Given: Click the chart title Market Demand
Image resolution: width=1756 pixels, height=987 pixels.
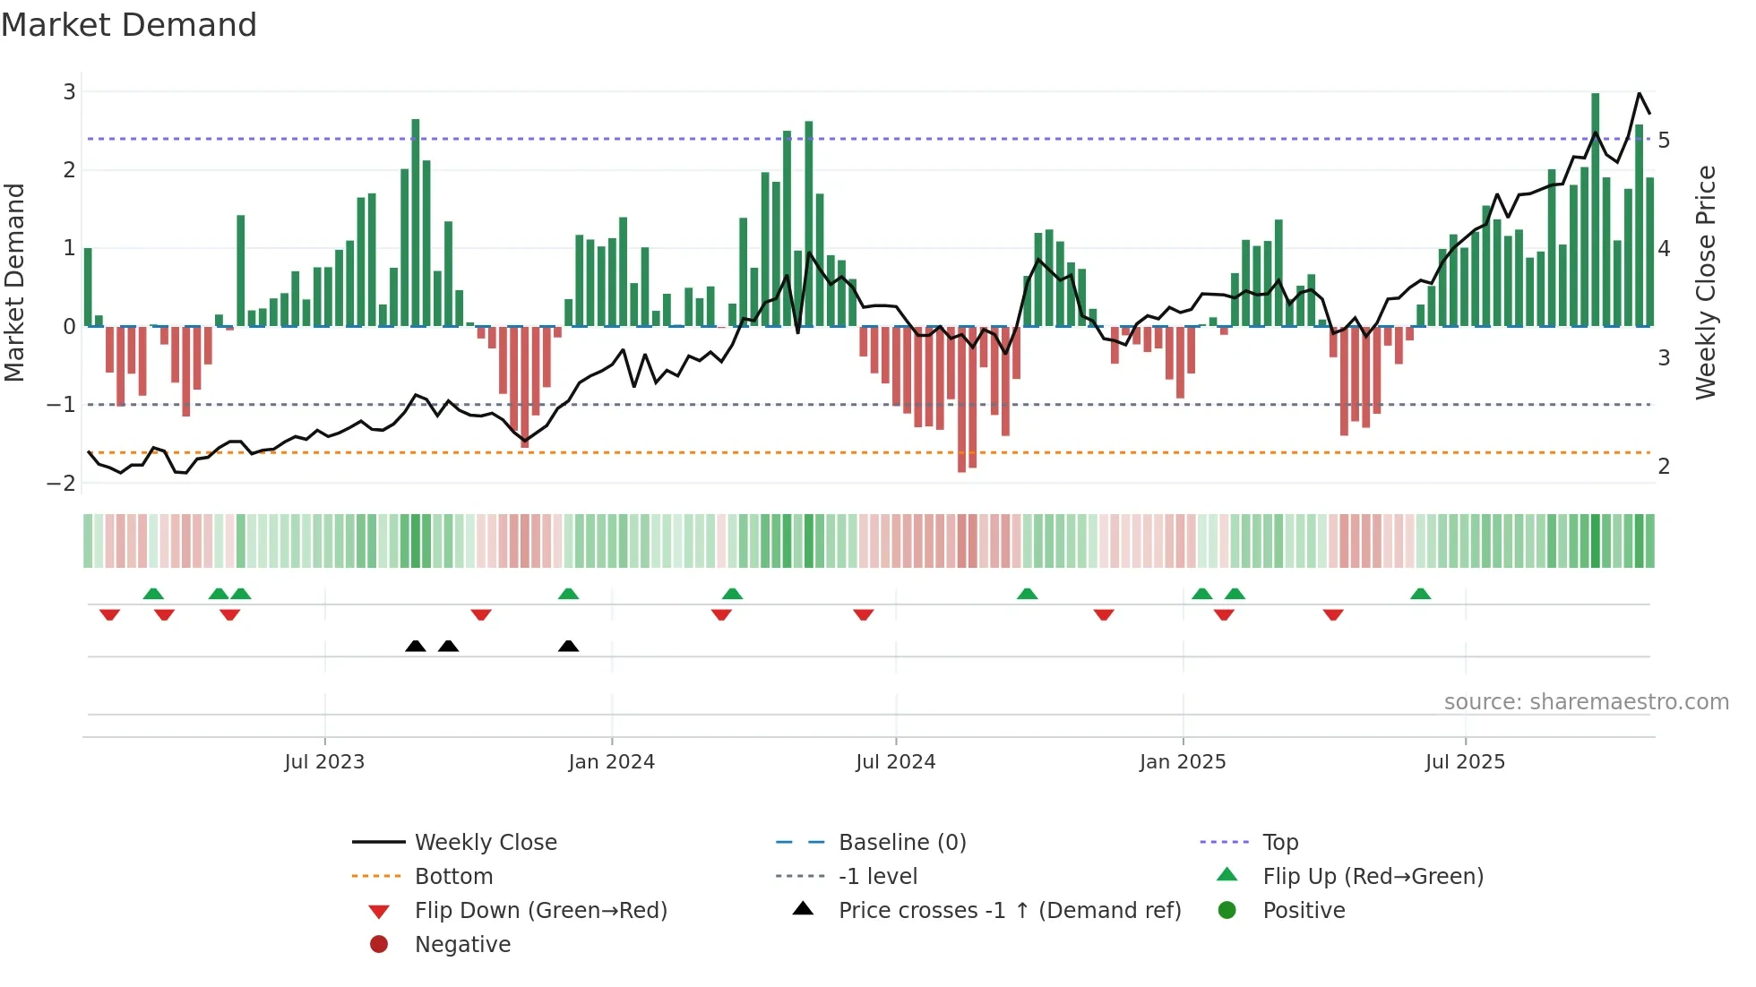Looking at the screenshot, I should [x=129, y=25].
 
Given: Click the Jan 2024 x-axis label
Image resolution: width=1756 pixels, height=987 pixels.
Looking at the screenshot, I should [x=611, y=762].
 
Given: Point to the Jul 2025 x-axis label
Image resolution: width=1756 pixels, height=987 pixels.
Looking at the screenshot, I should [x=1465, y=762].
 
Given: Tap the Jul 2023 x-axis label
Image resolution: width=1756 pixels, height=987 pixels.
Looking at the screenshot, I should [x=324, y=762].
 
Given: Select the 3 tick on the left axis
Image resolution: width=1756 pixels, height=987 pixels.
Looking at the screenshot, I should [x=69, y=91].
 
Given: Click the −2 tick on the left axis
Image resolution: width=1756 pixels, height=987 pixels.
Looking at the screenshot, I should [x=62, y=483].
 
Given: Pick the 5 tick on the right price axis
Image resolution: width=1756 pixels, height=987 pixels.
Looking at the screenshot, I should [x=1664, y=140].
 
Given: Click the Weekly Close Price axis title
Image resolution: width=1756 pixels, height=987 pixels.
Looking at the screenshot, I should [x=1706, y=282].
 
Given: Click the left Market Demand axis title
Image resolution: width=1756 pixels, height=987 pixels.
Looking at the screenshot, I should [x=14, y=282].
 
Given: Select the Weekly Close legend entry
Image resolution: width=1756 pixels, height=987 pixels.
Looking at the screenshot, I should [x=485, y=842].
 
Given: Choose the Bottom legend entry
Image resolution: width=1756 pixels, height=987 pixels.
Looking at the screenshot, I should [x=453, y=876].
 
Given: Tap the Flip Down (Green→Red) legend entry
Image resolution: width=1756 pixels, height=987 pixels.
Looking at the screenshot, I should [x=540, y=910].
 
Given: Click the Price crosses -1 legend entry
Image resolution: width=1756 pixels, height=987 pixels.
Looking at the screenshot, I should [x=1009, y=910].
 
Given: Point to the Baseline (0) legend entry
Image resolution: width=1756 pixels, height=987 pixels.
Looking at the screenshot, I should [x=901, y=842].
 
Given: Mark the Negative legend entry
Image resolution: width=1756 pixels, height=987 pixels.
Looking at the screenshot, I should [x=462, y=944].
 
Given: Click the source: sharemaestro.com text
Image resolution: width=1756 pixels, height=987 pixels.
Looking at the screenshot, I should [x=1586, y=701].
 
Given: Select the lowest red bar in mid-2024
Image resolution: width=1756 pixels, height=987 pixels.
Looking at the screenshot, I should [x=961, y=399].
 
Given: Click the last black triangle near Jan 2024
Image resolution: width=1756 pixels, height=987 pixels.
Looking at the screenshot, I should [x=568, y=646].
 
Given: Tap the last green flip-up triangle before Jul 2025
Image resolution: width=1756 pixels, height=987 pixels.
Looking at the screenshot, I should [x=1420, y=594].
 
